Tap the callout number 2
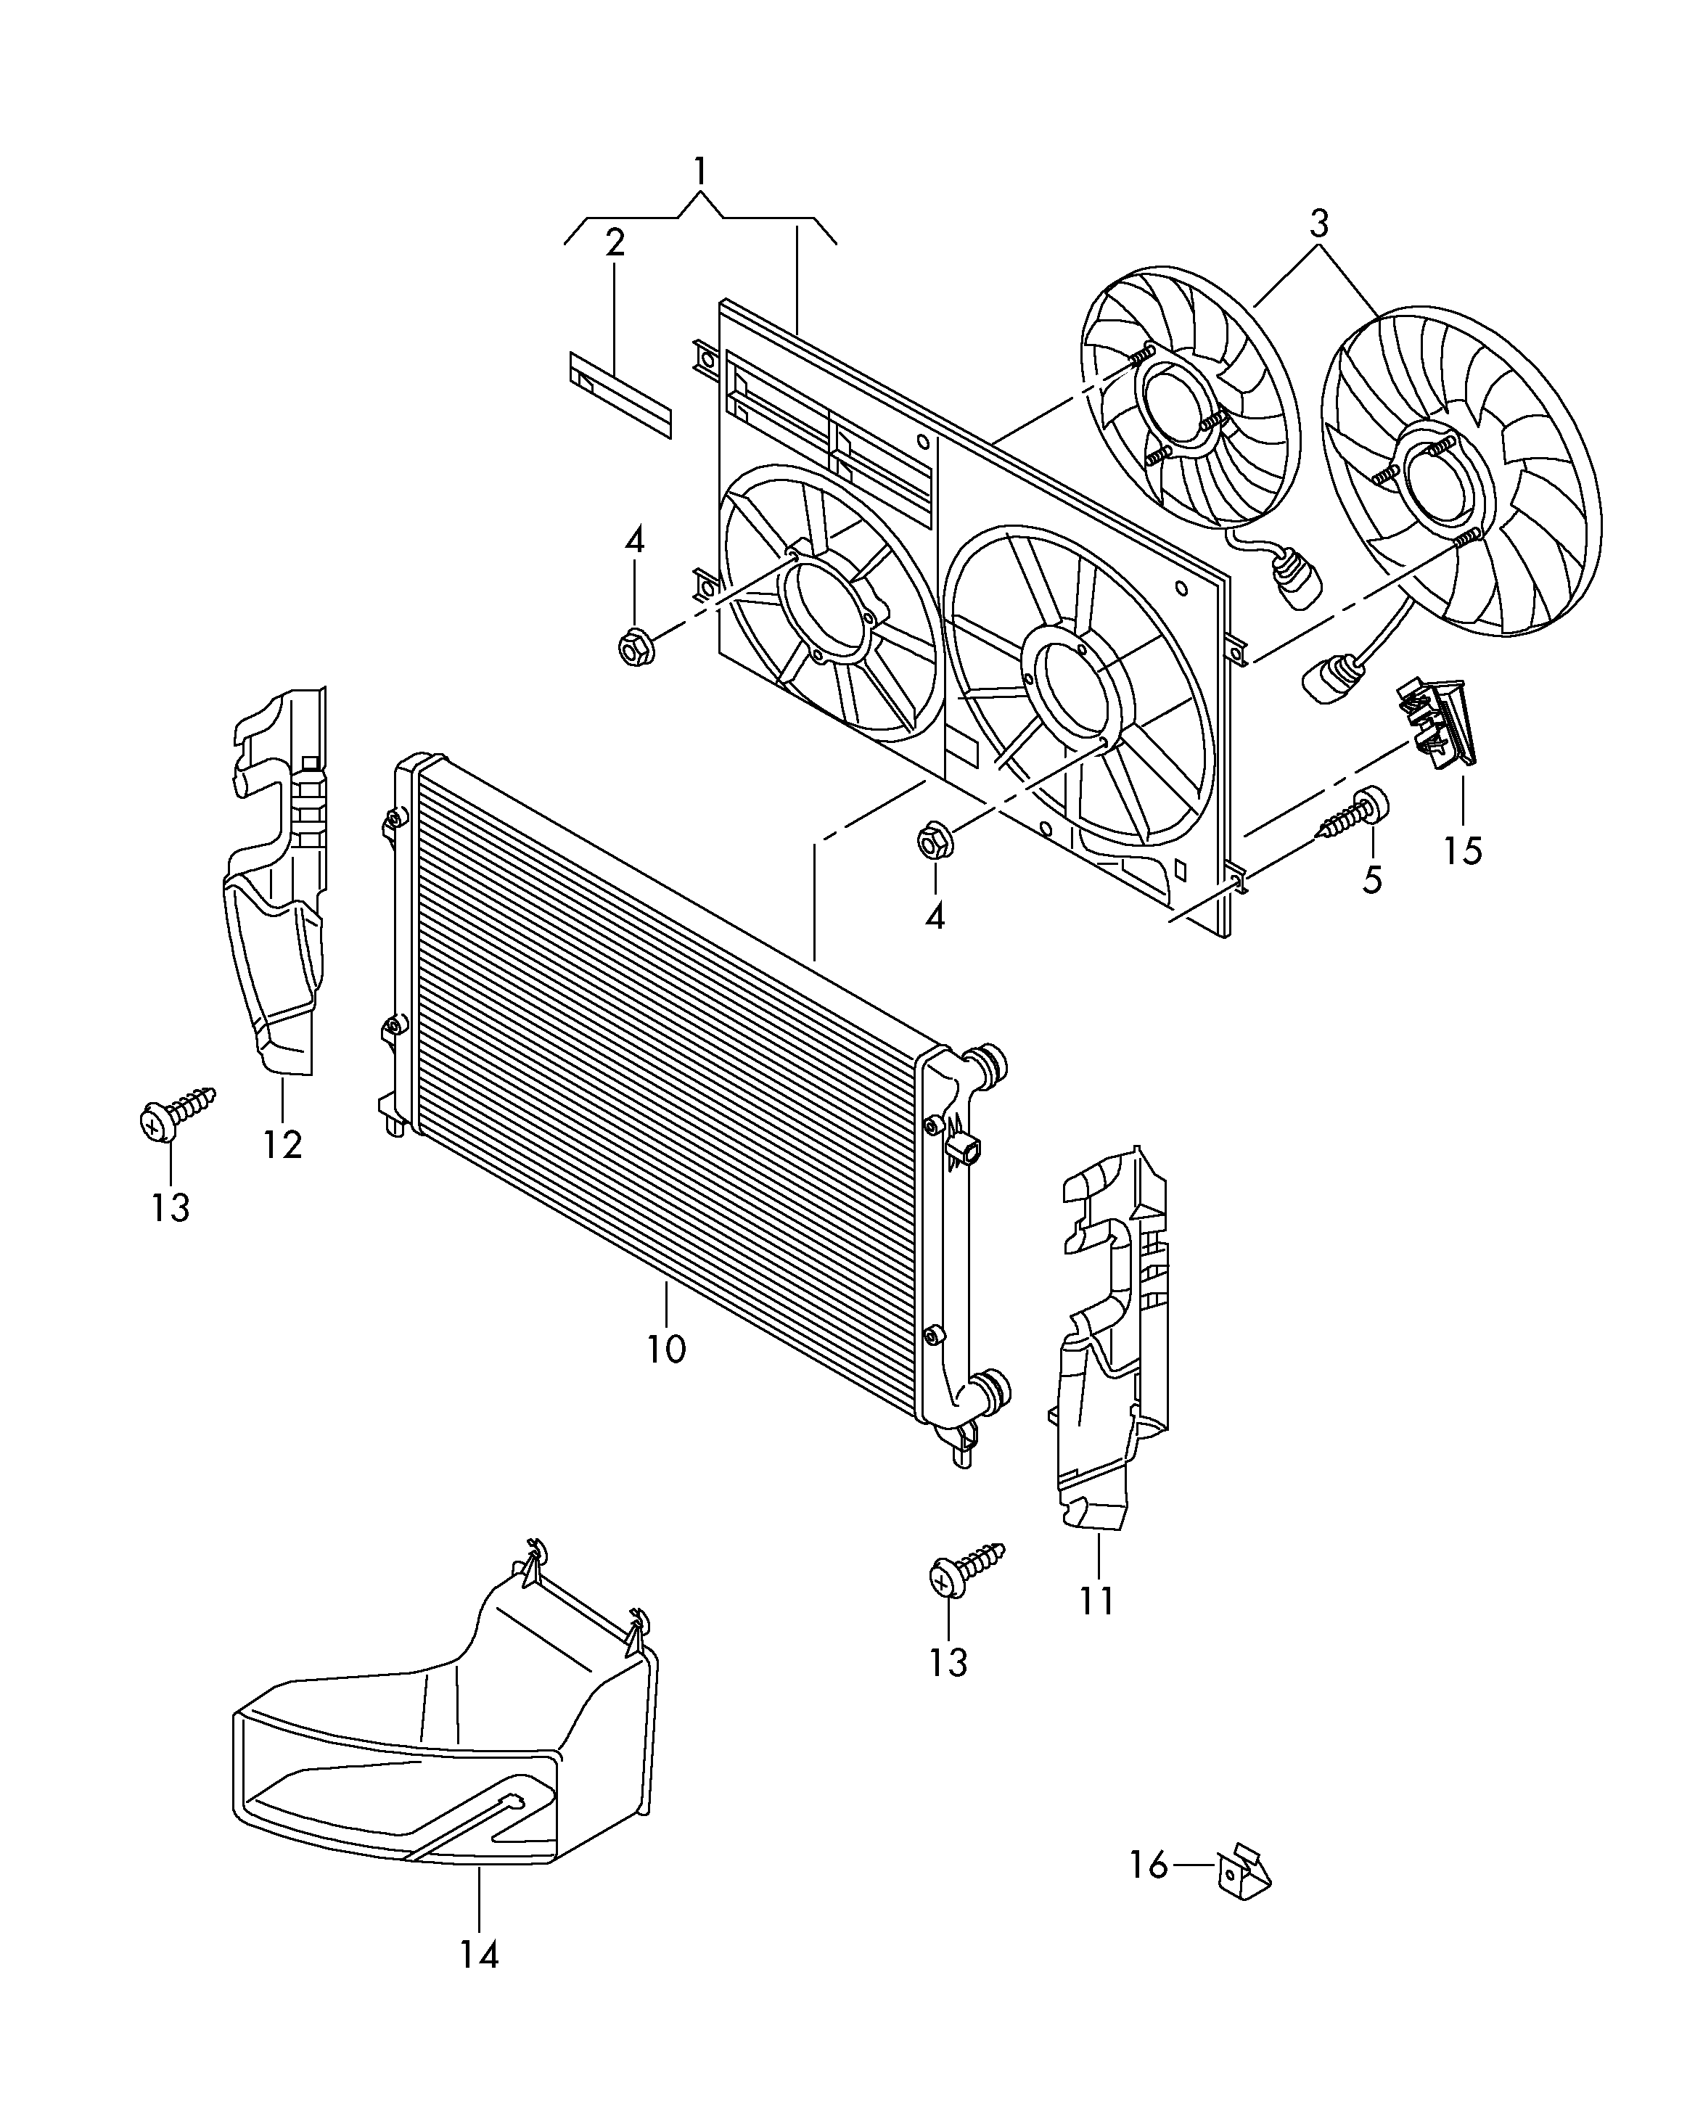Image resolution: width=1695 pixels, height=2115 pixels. click(615, 242)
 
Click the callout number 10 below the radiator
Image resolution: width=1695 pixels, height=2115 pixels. click(666, 1349)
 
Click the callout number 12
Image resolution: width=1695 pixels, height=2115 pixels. click(282, 1143)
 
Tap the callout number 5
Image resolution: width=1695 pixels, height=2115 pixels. click(1372, 879)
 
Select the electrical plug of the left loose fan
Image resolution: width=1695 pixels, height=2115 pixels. click(1294, 578)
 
